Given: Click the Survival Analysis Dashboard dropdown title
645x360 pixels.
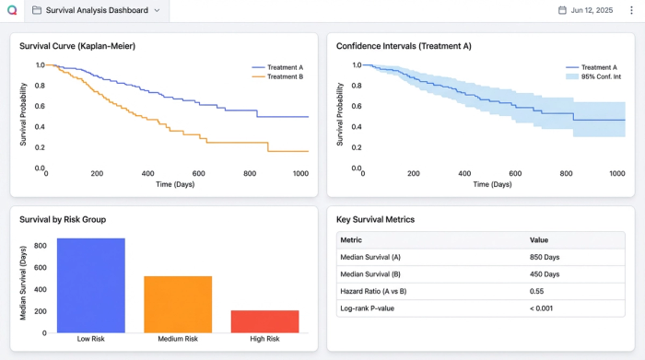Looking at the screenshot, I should tap(96, 11).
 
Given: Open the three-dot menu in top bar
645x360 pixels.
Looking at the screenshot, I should tap(631, 11).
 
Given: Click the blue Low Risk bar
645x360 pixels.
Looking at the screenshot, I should tap(91, 285).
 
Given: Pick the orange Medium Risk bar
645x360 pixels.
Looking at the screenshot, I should tap(178, 304).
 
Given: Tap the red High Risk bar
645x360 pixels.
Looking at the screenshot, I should tap(264, 320).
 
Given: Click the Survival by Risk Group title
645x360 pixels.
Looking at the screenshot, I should tap(63, 219).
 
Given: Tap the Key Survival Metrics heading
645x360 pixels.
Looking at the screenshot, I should tap(375, 219).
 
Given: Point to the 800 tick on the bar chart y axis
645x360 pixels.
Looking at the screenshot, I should tap(40, 246).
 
